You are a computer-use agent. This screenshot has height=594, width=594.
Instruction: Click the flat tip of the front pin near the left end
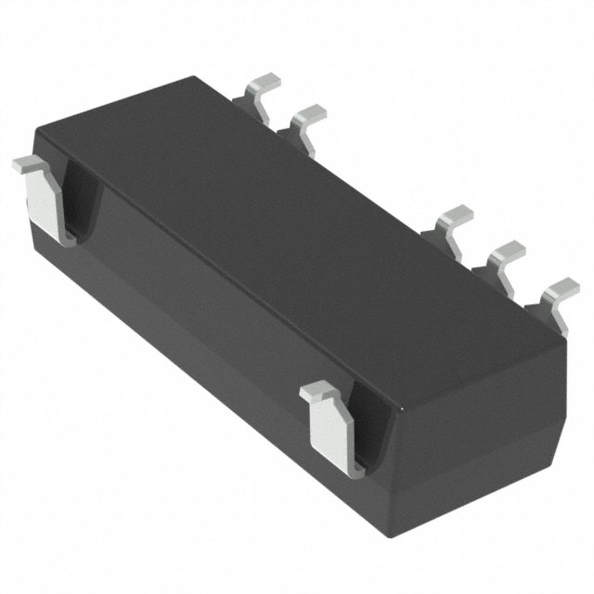[x=30, y=165]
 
